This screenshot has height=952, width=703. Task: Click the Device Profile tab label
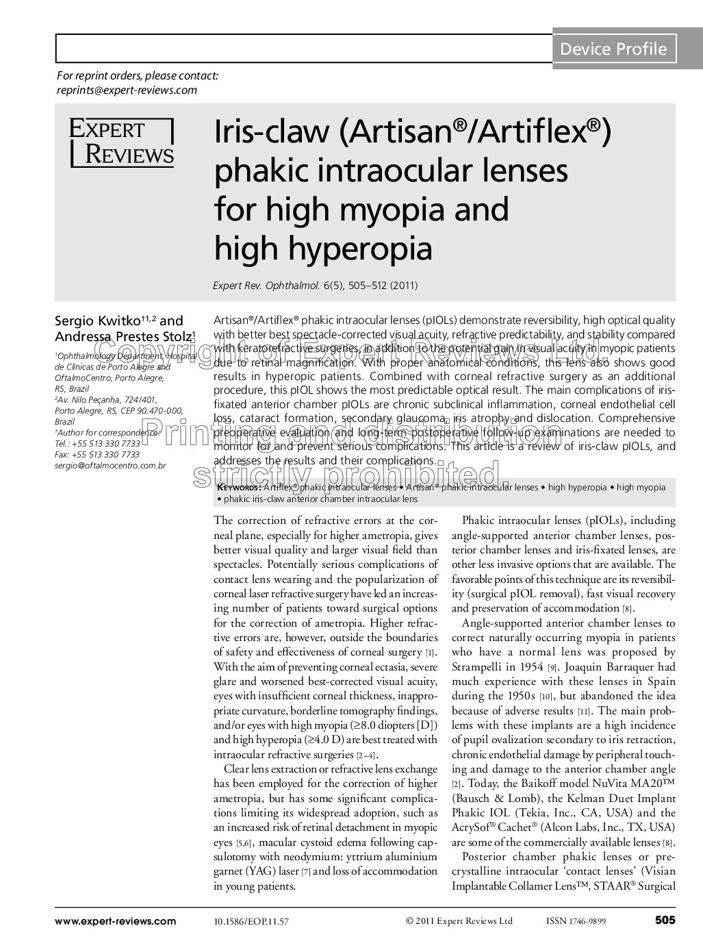(x=613, y=49)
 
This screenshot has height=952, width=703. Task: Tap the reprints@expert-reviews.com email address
(x=127, y=90)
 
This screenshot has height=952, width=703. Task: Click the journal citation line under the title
(x=315, y=285)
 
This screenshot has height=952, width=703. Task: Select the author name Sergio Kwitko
(x=97, y=321)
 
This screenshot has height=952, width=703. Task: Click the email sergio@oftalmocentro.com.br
(x=110, y=466)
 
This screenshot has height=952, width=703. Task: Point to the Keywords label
(x=238, y=488)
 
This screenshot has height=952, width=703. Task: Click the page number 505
(x=665, y=920)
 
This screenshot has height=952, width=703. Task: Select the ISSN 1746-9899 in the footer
(x=576, y=921)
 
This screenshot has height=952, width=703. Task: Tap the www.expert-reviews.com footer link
(x=116, y=921)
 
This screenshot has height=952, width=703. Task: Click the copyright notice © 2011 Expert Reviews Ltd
(x=459, y=921)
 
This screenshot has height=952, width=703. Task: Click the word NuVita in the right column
(x=615, y=784)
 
